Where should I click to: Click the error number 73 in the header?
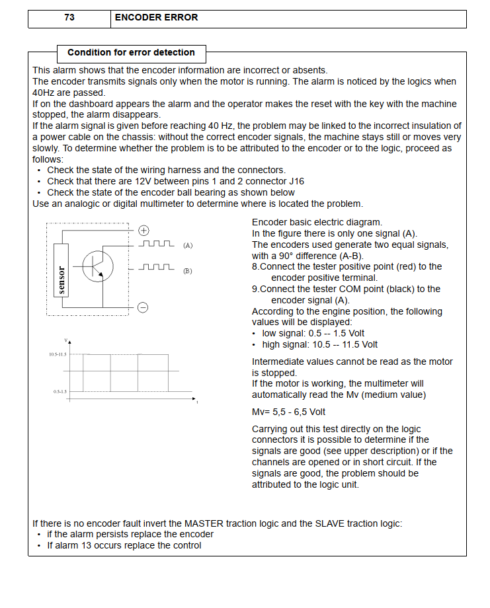(x=69, y=18)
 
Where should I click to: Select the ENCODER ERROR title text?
(x=156, y=18)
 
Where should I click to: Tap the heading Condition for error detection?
(x=131, y=52)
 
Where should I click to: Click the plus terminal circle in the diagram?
(x=143, y=231)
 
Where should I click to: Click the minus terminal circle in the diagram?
(x=143, y=307)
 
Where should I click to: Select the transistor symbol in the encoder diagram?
(x=97, y=266)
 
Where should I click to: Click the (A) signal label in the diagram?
(x=188, y=245)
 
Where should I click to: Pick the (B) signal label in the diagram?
(x=188, y=271)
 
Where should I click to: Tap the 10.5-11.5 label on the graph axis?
(x=58, y=355)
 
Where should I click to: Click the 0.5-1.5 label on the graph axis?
(x=60, y=392)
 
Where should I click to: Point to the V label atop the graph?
(x=65, y=340)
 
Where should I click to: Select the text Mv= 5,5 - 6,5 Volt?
(x=288, y=412)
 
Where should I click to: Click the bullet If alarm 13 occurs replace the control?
(x=124, y=545)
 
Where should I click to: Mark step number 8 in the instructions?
(x=255, y=266)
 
